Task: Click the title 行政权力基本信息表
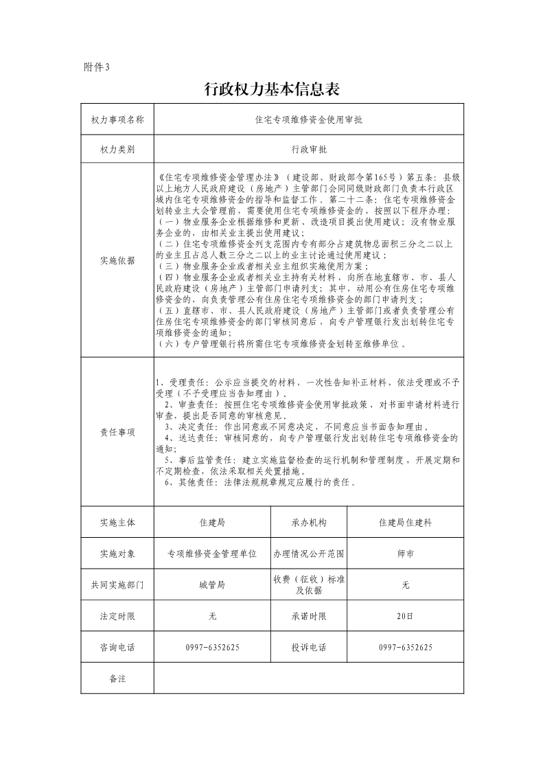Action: [272, 89]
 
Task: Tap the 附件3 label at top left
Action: [96, 67]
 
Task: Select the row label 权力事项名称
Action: [117, 119]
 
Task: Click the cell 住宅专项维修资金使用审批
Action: [309, 119]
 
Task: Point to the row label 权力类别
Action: [117, 149]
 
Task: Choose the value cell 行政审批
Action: [309, 149]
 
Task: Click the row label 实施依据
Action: [117, 260]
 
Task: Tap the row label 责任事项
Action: [117, 432]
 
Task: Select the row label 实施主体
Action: [117, 523]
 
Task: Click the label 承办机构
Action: [309, 523]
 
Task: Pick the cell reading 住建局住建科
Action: [405, 523]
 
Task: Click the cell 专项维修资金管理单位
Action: [212, 554]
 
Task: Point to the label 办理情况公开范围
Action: [309, 554]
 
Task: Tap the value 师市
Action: [405, 554]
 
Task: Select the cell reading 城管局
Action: [212, 584]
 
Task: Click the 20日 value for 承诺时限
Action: [405, 616]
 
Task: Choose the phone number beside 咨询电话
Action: [212, 647]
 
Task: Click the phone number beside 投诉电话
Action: [405, 647]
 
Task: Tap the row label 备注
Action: [117, 679]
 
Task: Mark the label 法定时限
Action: [117, 616]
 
